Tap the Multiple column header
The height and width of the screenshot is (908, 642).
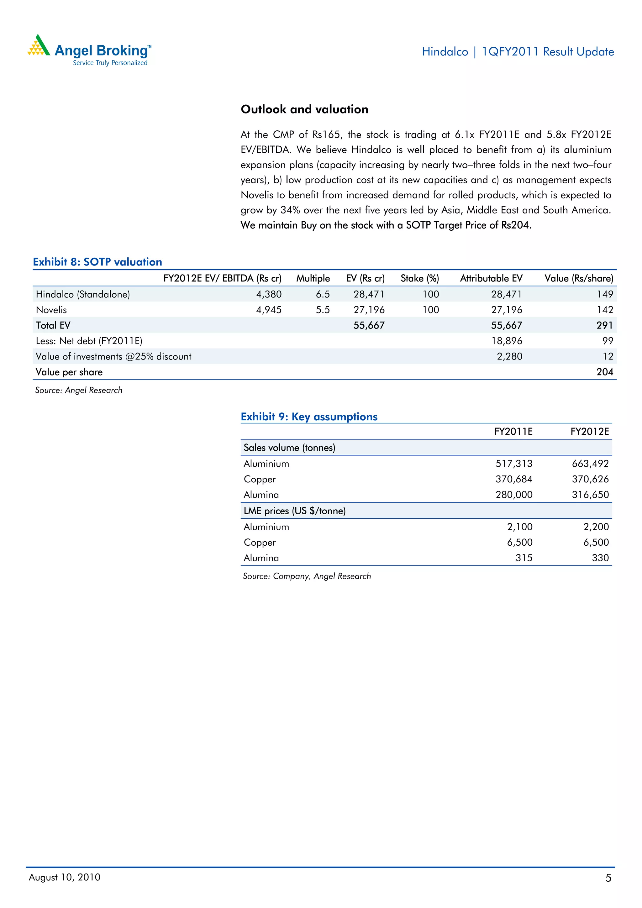(x=313, y=278)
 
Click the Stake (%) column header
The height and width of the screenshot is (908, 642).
(x=419, y=278)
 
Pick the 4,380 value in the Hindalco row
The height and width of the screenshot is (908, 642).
(x=269, y=294)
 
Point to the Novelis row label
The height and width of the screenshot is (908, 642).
(x=51, y=310)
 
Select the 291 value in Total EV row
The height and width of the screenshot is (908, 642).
(x=604, y=325)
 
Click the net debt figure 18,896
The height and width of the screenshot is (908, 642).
(x=506, y=341)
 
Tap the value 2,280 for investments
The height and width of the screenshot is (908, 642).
(x=509, y=356)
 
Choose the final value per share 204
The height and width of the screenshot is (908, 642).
(x=604, y=372)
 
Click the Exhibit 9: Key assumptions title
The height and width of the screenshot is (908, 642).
(x=309, y=417)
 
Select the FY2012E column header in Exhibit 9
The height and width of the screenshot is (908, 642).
(x=589, y=432)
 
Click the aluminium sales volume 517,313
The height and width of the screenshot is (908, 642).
(x=513, y=464)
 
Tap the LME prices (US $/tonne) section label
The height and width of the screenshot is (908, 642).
(x=294, y=511)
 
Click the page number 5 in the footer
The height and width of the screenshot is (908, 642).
(x=608, y=878)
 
